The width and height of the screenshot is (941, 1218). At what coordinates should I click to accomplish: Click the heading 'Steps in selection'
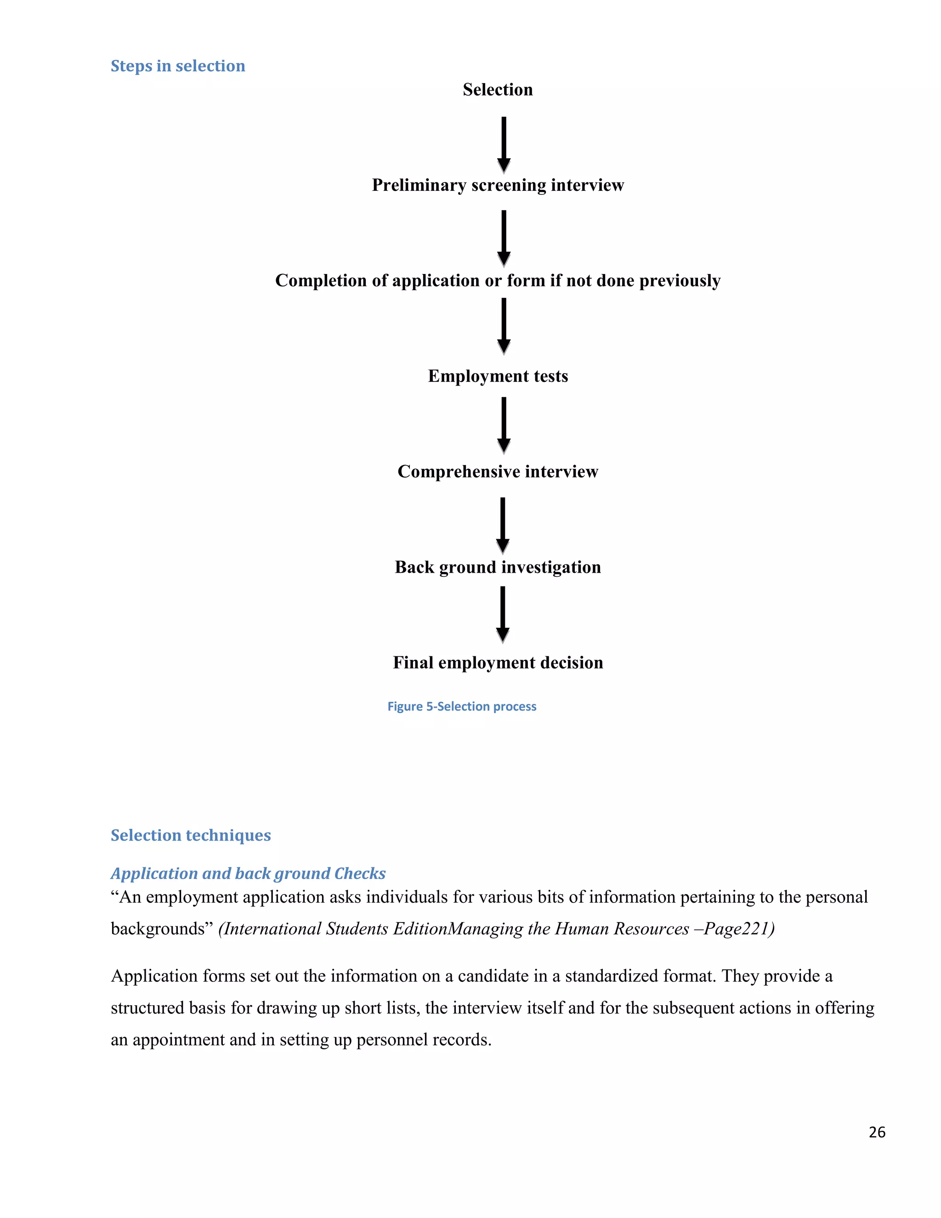click(x=178, y=66)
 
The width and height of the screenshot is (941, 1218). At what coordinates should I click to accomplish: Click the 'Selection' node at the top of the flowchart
click(x=497, y=90)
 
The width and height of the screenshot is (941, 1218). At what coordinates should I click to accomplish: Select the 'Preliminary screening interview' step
click(x=497, y=185)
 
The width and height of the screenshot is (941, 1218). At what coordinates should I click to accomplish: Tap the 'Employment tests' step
click(x=497, y=376)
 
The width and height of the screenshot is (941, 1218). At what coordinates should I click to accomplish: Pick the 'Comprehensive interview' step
click(x=497, y=472)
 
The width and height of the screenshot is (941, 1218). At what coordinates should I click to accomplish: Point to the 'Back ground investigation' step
click(x=497, y=567)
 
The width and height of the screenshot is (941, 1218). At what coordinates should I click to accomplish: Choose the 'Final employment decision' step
click(x=497, y=662)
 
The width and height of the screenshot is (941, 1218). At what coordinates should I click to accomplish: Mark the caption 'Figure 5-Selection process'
click(x=462, y=706)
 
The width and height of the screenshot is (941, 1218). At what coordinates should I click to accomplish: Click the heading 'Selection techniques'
click(x=191, y=836)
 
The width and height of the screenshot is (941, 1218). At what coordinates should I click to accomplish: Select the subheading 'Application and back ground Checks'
click(x=248, y=873)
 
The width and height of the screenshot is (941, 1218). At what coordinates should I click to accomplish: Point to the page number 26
click(x=876, y=1132)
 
